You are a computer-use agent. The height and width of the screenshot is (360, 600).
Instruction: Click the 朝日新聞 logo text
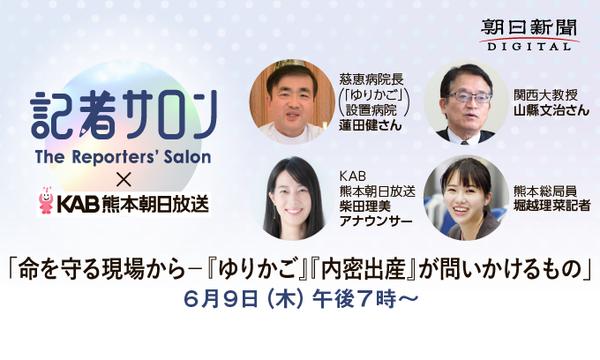(x=529, y=28)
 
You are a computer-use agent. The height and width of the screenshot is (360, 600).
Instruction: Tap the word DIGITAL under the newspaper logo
(x=529, y=47)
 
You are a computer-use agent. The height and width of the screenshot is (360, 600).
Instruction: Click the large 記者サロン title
(x=124, y=115)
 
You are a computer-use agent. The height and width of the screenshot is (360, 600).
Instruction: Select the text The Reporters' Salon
(x=123, y=157)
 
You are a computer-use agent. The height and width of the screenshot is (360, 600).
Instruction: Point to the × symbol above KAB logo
(x=124, y=180)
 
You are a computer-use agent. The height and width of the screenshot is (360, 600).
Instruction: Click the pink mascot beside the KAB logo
(x=46, y=200)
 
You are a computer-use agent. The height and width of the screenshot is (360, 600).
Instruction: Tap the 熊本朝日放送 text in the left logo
(x=155, y=203)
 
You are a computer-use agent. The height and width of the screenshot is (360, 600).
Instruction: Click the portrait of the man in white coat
(x=292, y=101)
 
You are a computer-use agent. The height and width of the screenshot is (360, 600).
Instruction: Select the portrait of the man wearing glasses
(x=466, y=101)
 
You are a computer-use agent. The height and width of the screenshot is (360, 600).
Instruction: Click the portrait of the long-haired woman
(x=292, y=198)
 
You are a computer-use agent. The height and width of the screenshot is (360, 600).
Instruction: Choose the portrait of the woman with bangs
(x=466, y=198)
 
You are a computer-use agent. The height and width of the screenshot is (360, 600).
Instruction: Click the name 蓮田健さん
(x=370, y=125)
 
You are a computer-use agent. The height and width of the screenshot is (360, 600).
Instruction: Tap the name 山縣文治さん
(x=551, y=110)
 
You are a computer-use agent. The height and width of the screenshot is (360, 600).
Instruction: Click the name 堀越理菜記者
(x=551, y=206)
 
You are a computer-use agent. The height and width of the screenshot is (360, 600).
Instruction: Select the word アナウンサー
(x=376, y=221)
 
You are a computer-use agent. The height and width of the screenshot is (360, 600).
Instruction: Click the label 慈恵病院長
(x=371, y=79)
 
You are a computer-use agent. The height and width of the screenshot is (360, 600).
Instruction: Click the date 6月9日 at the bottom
(x=221, y=299)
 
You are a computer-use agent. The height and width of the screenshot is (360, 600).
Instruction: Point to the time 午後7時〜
(x=364, y=299)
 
